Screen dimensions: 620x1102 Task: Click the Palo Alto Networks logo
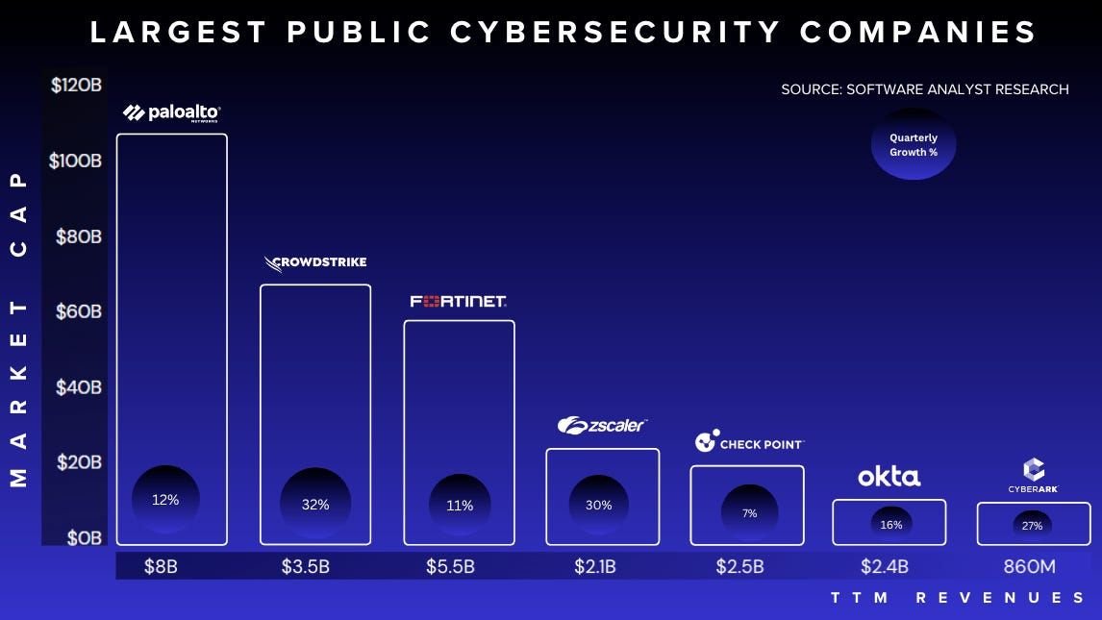(x=171, y=113)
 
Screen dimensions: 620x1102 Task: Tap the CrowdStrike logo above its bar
(x=314, y=262)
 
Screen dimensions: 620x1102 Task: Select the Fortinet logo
(x=459, y=301)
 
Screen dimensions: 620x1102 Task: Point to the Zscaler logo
(x=602, y=425)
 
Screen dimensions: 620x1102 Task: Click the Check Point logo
(x=748, y=442)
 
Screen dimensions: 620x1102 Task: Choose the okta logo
(x=889, y=476)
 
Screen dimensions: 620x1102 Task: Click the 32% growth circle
(x=314, y=505)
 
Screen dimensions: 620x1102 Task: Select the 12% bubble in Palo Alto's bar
(x=165, y=500)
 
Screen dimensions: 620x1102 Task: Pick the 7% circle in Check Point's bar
(x=749, y=513)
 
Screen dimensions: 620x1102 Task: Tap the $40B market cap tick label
(x=77, y=386)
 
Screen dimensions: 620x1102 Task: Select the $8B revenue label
(x=161, y=566)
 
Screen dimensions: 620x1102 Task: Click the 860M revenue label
(x=1029, y=566)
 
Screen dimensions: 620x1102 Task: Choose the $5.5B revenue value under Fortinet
(x=450, y=566)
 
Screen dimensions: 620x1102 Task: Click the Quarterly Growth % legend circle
(x=913, y=145)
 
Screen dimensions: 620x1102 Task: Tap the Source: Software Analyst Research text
(x=924, y=89)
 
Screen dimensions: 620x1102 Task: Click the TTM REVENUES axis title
(x=958, y=598)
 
